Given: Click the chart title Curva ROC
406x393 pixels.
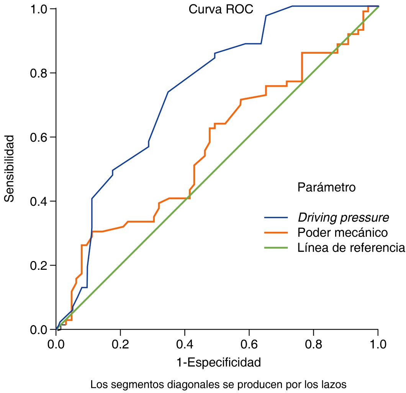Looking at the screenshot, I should (221, 10).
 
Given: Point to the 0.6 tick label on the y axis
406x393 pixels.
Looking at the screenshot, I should (38, 137).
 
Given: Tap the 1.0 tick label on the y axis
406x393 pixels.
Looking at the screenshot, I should (38, 9).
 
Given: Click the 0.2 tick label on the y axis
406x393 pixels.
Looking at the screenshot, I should (38, 265).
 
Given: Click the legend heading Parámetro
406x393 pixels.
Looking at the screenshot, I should (326, 188).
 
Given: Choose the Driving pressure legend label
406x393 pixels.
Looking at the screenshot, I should (343, 218).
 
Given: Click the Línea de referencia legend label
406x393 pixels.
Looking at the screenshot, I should (351, 248).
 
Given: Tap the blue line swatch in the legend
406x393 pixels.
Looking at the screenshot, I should (276, 218).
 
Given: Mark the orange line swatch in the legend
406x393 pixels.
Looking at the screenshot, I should (276, 233).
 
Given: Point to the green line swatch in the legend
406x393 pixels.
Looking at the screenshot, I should (276, 248).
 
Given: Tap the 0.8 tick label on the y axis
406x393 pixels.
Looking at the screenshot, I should (38, 73).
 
